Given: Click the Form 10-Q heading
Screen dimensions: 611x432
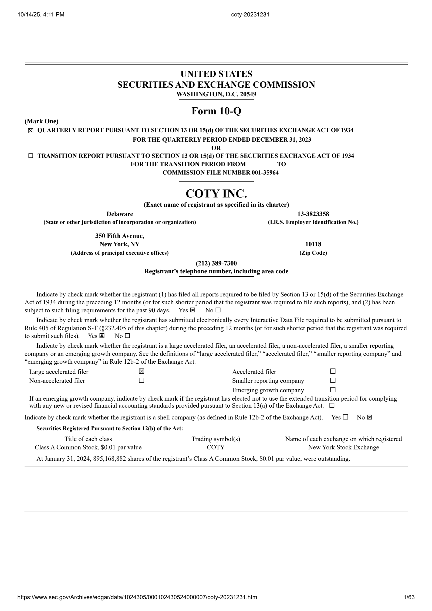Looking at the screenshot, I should pos(216,111).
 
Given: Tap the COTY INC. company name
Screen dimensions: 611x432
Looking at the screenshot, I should pos(216,193).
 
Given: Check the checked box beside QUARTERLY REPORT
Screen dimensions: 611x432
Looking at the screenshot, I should pos(31,131).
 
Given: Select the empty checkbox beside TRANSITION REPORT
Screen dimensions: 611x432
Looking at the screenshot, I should pos(31,156).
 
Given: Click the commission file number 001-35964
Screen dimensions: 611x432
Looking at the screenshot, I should pos(265,173).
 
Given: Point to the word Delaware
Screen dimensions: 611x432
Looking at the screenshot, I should pos(120,214).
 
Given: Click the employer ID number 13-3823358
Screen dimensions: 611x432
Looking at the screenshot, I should pos(313,214).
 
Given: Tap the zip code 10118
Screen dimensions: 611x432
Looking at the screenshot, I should pos(313,244).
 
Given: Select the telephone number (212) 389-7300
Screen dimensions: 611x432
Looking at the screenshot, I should pos(216,263).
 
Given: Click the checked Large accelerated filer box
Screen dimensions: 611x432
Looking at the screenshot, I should pos(141,371).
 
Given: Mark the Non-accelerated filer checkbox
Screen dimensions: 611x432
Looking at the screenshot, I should pos(141,380).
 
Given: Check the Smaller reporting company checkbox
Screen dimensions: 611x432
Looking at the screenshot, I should pos(333,380).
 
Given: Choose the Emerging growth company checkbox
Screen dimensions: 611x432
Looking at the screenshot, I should pos(333,390).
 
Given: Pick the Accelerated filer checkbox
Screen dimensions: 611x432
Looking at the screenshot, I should pos(333,371).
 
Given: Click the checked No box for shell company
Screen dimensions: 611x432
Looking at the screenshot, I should pos(369,417).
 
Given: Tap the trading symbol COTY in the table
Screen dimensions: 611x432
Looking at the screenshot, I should pos(215,447).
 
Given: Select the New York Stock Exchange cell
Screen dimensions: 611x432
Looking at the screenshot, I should pos(343,447).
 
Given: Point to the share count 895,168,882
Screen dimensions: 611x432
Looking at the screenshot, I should pos(109,459).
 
